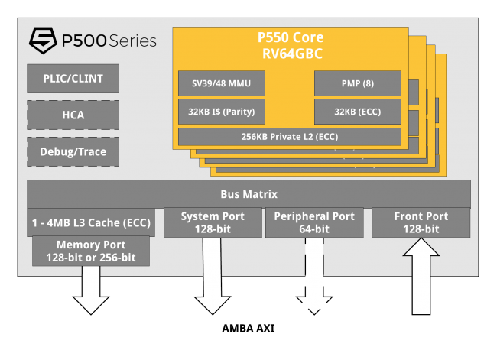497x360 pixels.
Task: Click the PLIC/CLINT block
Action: click(73, 78)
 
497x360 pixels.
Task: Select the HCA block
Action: click(73, 115)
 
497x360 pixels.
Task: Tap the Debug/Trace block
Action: click(73, 151)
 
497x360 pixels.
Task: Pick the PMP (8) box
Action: click(357, 83)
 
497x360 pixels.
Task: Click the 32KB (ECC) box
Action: click(357, 112)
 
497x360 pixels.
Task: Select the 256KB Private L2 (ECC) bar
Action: click(290, 137)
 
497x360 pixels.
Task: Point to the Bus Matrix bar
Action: click(248, 194)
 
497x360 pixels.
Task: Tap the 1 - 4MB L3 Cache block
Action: click(91, 222)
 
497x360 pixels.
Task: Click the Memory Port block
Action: click(91, 251)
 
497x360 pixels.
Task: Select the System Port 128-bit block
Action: click(212, 222)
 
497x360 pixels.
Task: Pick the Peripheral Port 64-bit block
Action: click(313, 222)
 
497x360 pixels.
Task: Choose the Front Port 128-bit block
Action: click(421, 222)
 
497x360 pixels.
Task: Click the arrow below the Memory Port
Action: click(91, 290)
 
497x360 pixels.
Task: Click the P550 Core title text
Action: click(290, 37)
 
